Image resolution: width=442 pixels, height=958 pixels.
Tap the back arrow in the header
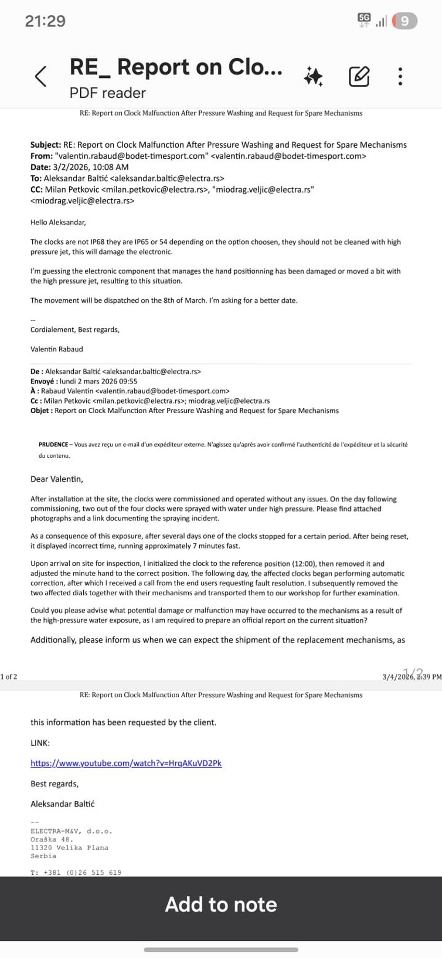pyautogui.click(x=41, y=76)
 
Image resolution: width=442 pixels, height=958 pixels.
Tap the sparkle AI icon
pyautogui.click(x=314, y=76)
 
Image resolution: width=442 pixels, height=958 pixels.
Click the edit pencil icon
pyautogui.click(x=359, y=76)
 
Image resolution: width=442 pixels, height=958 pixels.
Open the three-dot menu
pyautogui.click(x=400, y=76)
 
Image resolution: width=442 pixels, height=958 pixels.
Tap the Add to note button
pyautogui.click(x=221, y=904)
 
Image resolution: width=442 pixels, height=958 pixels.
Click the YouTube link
pyautogui.click(x=126, y=763)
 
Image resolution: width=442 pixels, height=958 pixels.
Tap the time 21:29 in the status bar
pyautogui.click(x=45, y=21)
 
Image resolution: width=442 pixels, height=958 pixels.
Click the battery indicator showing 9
pyautogui.click(x=405, y=21)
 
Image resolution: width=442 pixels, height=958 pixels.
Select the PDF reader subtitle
pyautogui.click(x=108, y=93)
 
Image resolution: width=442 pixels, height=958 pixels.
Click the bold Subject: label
pyautogui.click(x=46, y=145)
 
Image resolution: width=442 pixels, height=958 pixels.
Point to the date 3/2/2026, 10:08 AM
pyautogui.click(x=90, y=167)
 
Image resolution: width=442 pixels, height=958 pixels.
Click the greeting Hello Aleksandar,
pyautogui.click(x=58, y=222)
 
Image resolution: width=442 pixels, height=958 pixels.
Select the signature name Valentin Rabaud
pyautogui.click(x=57, y=349)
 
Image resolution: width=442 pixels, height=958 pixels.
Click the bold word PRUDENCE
pyautogui.click(x=53, y=444)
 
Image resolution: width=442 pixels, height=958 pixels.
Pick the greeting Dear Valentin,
pyautogui.click(x=57, y=479)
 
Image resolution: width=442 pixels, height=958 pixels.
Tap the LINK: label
pyautogui.click(x=40, y=743)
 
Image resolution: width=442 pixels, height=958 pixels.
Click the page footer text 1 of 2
pyautogui.click(x=9, y=676)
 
